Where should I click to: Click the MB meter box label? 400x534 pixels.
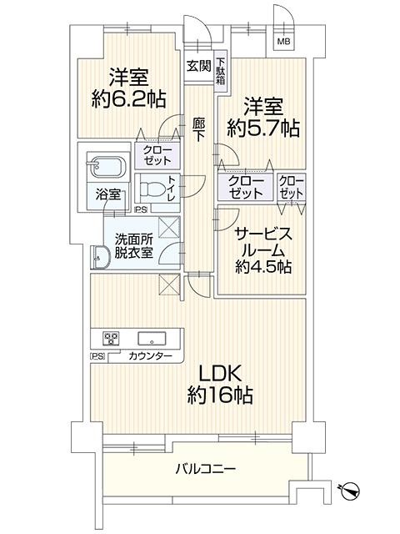pyautogui.click(x=283, y=42)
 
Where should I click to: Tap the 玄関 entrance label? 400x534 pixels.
pyautogui.click(x=199, y=66)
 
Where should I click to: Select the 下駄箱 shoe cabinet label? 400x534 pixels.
pyautogui.click(x=221, y=72)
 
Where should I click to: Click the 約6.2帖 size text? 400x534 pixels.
pyautogui.click(x=128, y=99)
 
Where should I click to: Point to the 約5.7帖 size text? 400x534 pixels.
pyautogui.click(x=263, y=128)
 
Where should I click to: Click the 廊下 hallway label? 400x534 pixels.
pyautogui.click(x=198, y=129)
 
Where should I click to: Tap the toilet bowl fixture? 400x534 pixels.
pyautogui.click(x=152, y=189)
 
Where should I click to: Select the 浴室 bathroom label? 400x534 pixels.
pyautogui.click(x=107, y=194)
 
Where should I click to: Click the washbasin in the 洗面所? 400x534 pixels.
pyautogui.click(x=100, y=257)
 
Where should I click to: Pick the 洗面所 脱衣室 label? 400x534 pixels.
pyautogui.click(x=133, y=245)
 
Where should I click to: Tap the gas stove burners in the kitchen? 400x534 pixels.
pyautogui.click(x=112, y=339)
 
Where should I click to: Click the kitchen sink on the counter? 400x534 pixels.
pyautogui.click(x=152, y=339)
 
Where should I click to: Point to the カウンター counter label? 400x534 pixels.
pyautogui.click(x=150, y=356)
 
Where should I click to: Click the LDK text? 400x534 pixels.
pyautogui.click(x=220, y=373)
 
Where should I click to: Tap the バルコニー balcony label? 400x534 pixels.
pyautogui.click(x=206, y=470)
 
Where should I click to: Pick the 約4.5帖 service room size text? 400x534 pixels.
pyautogui.click(x=263, y=267)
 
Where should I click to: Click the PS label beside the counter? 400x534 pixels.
pyautogui.click(x=97, y=356)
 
